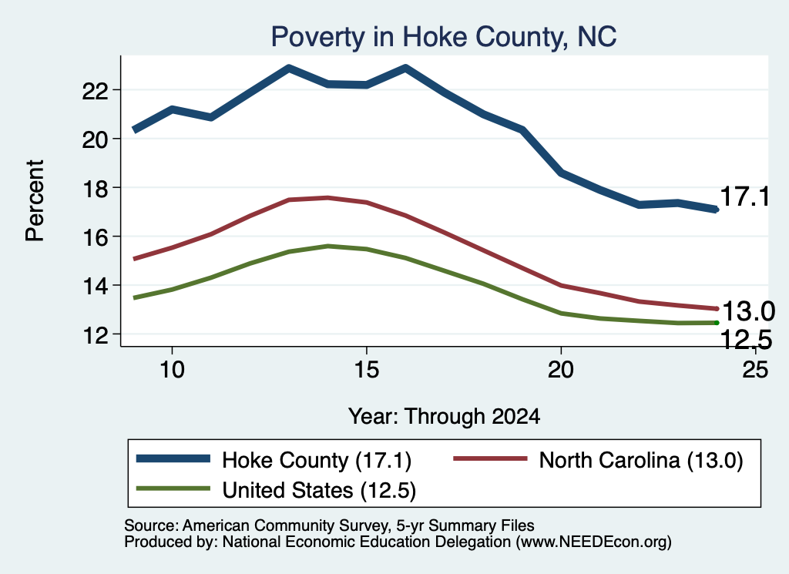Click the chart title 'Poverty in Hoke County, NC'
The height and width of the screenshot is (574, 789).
click(444, 37)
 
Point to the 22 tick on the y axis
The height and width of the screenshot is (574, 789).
click(95, 91)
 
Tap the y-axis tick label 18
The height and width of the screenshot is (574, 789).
click(95, 188)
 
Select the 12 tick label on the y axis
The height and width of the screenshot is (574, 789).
click(95, 335)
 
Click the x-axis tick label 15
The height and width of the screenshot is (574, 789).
click(366, 371)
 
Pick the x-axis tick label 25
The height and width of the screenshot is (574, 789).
click(755, 371)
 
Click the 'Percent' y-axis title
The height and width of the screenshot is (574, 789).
click(35, 201)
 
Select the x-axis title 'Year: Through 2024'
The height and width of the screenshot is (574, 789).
click(444, 417)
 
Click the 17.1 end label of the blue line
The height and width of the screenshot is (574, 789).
click(744, 196)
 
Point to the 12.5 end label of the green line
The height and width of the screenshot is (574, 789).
click(747, 340)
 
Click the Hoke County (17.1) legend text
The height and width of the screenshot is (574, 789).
click(317, 460)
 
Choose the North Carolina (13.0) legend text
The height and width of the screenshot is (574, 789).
click(641, 460)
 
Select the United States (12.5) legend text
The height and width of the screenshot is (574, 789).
click(319, 491)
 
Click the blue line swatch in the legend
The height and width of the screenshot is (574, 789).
click(173, 458)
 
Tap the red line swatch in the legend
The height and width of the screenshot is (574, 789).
click(490, 458)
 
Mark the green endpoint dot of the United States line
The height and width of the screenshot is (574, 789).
click(717, 323)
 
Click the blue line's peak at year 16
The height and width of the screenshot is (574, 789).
click(405, 67)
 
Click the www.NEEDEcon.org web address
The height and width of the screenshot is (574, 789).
click(594, 542)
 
